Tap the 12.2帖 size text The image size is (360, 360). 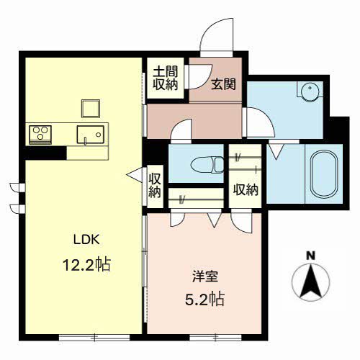[x=86, y=264]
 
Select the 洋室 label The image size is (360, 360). [x=205, y=276]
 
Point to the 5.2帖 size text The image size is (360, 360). [x=204, y=299]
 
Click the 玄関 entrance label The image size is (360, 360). [x=223, y=84]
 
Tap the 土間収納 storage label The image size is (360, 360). [x=166, y=78]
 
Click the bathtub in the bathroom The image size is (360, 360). [x=324, y=174]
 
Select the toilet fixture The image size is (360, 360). [x=207, y=165]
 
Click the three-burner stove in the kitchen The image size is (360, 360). [x=40, y=135]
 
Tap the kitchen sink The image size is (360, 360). [x=91, y=135]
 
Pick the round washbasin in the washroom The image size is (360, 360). [x=310, y=91]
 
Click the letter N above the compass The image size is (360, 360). [x=311, y=256]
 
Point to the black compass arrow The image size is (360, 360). [x=311, y=281]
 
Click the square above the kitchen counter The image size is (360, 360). [x=91, y=109]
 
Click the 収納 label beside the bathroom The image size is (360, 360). [x=246, y=189]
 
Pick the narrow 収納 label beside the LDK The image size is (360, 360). [x=155, y=185]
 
